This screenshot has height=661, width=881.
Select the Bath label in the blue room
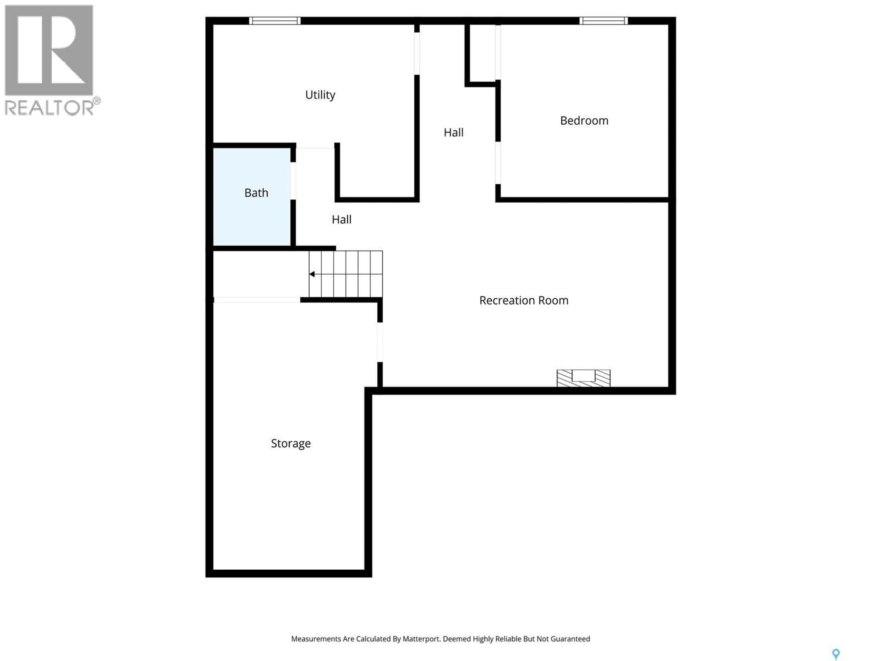[x=256, y=193]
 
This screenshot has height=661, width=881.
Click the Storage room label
[x=291, y=443]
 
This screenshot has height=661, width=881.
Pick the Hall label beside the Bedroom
[x=453, y=133]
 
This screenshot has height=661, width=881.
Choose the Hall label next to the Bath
[x=341, y=220]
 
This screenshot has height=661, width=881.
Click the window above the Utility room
[x=275, y=21]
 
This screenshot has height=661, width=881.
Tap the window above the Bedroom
[x=603, y=21]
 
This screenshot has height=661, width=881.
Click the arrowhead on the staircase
[x=312, y=274]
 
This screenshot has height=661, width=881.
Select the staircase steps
[x=346, y=274]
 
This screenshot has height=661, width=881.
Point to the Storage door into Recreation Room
[x=380, y=342]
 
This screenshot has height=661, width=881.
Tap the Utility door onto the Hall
[x=417, y=53]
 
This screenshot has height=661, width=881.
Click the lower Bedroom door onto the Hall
[x=498, y=162]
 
